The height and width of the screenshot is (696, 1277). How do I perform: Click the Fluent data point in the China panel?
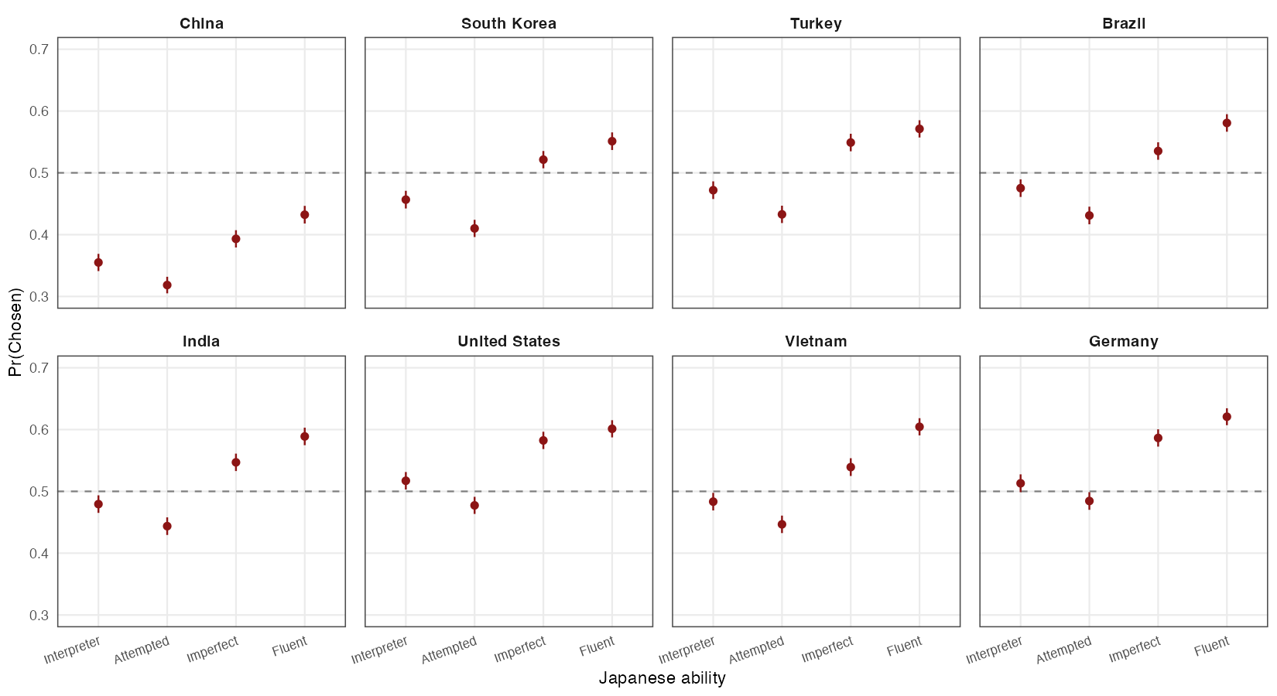click(x=305, y=215)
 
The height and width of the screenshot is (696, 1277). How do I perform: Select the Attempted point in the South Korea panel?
click(x=474, y=228)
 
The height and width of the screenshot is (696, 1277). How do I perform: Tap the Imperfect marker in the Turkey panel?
click(x=851, y=142)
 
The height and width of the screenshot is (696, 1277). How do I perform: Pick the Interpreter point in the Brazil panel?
click(x=1020, y=188)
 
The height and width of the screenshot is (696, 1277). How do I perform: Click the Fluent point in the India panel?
click(x=305, y=436)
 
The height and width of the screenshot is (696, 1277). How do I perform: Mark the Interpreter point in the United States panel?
click(x=406, y=480)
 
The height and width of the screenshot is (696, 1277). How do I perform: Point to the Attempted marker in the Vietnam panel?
click(x=782, y=524)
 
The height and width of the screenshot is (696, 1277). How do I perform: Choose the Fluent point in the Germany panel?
click(x=1227, y=417)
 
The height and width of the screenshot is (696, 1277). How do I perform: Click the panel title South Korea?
click(x=508, y=23)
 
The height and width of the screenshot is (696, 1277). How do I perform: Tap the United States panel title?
click(x=508, y=341)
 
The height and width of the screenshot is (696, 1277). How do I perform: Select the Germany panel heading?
click(x=1123, y=341)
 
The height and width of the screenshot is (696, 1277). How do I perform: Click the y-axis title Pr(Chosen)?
click(x=15, y=333)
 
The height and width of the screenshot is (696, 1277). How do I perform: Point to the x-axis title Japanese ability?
click(x=662, y=678)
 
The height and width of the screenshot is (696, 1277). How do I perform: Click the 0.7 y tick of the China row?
click(x=39, y=49)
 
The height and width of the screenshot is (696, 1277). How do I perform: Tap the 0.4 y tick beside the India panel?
click(x=39, y=553)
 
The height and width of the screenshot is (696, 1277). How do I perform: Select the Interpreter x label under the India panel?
click(x=73, y=650)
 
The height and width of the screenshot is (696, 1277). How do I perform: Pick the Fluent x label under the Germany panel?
click(x=1212, y=647)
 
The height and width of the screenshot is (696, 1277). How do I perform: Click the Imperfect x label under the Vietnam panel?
click(x=827, y=649)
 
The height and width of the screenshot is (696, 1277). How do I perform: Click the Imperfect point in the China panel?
click(x=236, y=239)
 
